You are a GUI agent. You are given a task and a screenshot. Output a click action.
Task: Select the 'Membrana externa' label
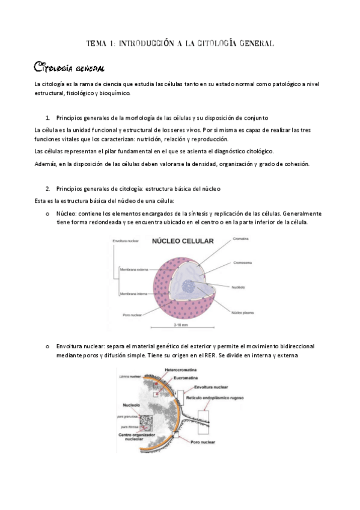click(135, 270)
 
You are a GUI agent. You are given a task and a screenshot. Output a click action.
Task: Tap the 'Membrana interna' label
click(135, 293)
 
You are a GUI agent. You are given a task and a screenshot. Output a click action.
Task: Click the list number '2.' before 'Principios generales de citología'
click(47, 188)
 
